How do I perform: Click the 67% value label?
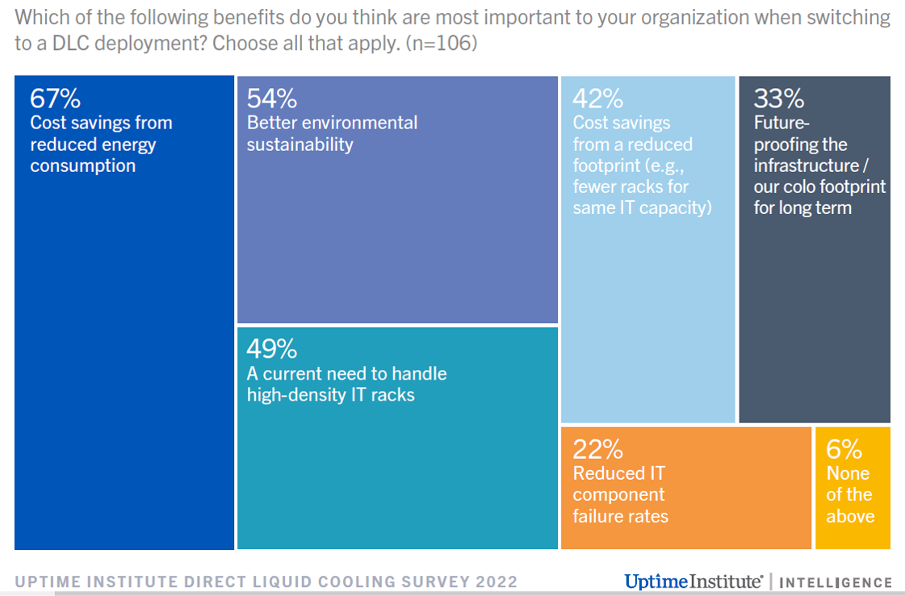(x=55, y=99)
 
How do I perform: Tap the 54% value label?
(x=272, y=99)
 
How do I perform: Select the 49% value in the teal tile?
(x=272, y=349)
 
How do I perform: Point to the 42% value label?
(x=598, y=99)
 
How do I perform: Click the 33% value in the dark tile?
(x=778, y=99)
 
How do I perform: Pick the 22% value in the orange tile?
(x=598, y=449)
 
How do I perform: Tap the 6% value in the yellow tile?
(x=844, y=449)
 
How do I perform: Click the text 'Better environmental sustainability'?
(x=332, y=133)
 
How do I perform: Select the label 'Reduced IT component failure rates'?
(x=620, y=494)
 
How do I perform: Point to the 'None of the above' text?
(x=849, y=494)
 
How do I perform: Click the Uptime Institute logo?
(x=693, y=581)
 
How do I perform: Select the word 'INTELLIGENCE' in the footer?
(x=836, y=582)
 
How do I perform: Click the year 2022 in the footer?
(x=496, y=581)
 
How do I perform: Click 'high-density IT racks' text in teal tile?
(x=331, y=395)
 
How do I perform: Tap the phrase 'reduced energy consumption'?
(x=93, y=155)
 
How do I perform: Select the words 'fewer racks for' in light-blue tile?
(x=631, y=187)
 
